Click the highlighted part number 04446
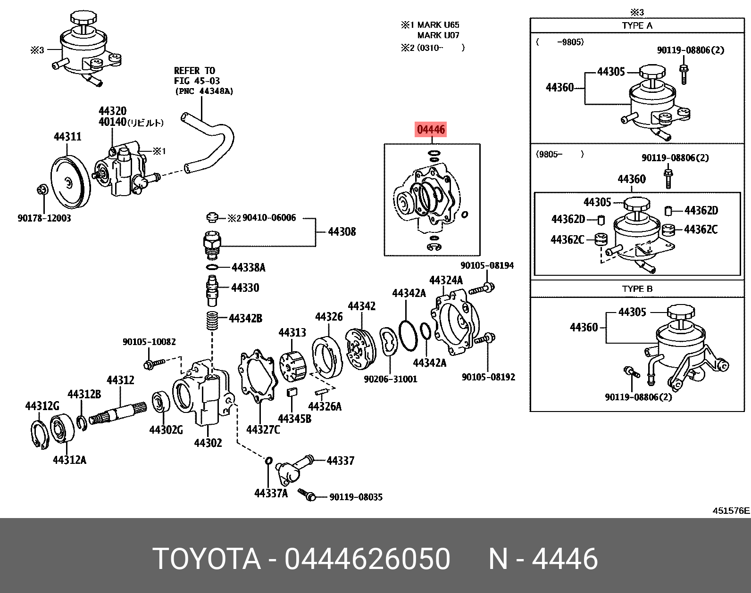pyautogui.click(x=431, y=130)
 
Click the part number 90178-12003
pyautogui.click(x=44, y=218)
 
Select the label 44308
pyautogui.click(x=342, y=231)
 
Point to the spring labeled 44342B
pyautogui.click(x=212, y=321)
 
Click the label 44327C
pyautogui.click(x=263, y=429)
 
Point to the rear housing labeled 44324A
pyautogui.click(x=455, y=323)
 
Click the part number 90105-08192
pyautogui.click(x=488, y=377)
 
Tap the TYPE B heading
pyautogui.click(x=637, y=289)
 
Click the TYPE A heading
pyautogui.click(x=637, y=25)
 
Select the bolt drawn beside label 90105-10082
pyautogui.click(x=154, y=363)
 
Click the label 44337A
pyautogui.click(x=271, y=493)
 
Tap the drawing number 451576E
pyautogui.click(x=731, y=511)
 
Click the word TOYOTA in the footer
pyautogui.click(x=207, y=559)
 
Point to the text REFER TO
pyautogui.click(x=194, y=71)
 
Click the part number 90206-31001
pyautogui.click(x=391, y=379)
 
